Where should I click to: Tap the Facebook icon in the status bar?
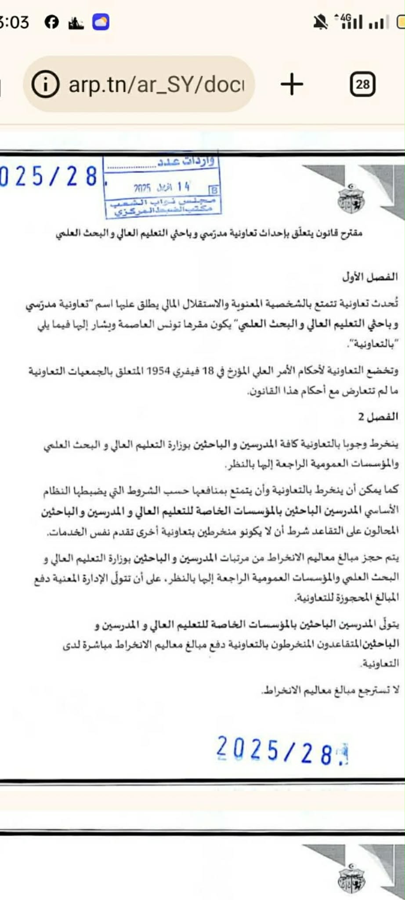point(52,22)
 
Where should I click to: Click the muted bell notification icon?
point(320,22)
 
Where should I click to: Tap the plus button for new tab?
point(292,83)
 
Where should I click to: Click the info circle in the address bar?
point(45,84)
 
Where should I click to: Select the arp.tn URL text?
point(156,84)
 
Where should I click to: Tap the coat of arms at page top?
point(351,199)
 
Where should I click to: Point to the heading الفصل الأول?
point(370,277)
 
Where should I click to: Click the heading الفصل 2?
point(378,417)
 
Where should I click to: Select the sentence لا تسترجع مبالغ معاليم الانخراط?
point(330,690)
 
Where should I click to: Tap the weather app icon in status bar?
point(101,22)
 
